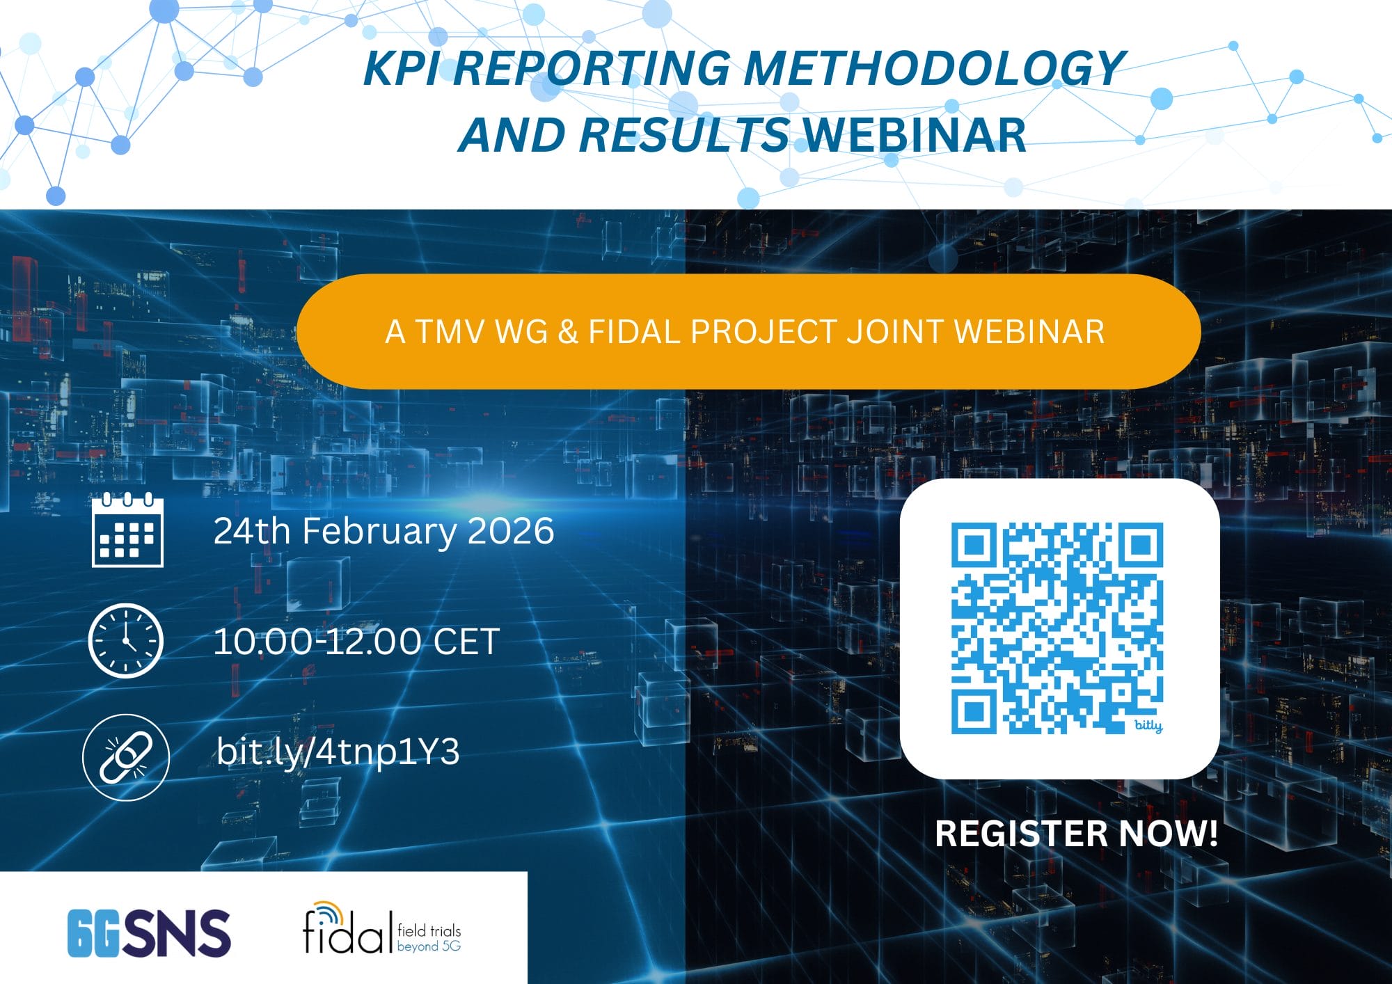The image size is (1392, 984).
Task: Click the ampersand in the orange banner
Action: (x=568, y=331)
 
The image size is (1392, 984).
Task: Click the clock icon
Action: (x=126, y=641)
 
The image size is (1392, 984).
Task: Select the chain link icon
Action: (x=126, y=757)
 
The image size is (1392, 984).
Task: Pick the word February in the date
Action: (x=379, y=531)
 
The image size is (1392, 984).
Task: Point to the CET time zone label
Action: (x=466, y=641)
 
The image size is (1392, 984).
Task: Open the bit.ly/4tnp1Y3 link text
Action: (x=338, y=752)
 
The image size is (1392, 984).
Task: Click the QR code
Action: (x=1057, y=626)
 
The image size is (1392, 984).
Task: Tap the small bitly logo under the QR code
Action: (x=1148, y=726)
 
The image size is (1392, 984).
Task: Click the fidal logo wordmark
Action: (x=344, y=931)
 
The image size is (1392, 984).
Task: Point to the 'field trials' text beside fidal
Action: (x=429, y=930)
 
